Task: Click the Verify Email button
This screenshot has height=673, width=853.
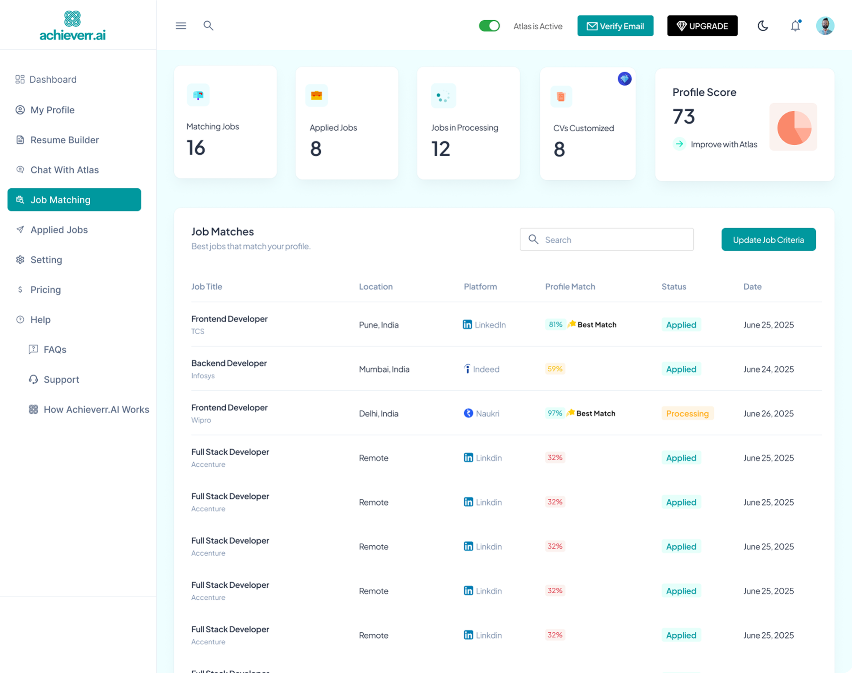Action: (615, 26)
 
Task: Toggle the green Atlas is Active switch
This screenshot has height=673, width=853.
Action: (489, 26)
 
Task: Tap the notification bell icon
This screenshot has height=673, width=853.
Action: (795, 26)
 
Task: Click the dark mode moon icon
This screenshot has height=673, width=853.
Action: (762, 26)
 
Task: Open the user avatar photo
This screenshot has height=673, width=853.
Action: (825, 26)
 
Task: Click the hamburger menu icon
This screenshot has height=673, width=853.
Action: (181, 26)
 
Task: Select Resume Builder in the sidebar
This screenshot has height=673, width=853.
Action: (64, 140)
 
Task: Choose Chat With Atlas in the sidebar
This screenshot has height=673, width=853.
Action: (64, 170)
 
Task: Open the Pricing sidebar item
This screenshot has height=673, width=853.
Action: (45, 290)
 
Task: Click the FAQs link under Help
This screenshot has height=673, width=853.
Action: (54, 349)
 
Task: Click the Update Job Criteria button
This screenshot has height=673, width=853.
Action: (768, 240)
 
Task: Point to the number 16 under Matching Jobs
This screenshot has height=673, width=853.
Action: (196, 148)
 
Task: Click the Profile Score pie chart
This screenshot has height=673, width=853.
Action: (793, 127)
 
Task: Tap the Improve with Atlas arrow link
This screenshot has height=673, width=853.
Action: (715, 144)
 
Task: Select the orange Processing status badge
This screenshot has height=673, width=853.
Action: (687, 413)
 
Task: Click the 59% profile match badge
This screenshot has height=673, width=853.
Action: (555, 369)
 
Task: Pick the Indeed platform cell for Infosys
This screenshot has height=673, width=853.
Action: (481, 369)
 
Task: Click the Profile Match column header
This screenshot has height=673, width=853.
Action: (570, 287)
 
